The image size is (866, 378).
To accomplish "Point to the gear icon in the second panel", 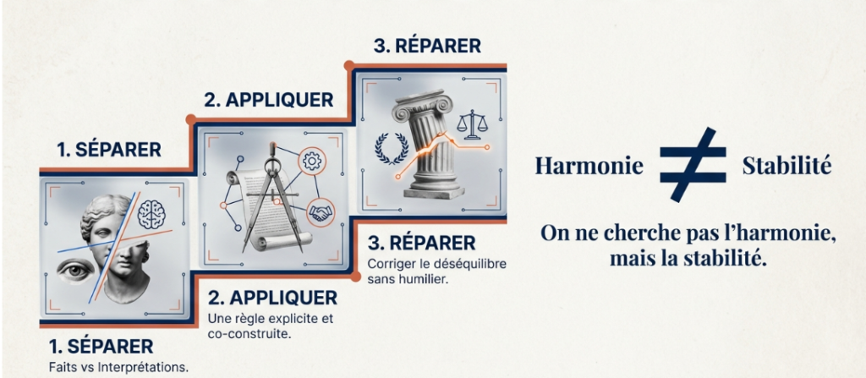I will point(311,159).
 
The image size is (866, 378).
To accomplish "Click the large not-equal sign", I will point(693,164).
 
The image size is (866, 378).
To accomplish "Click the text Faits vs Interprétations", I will point(118,368).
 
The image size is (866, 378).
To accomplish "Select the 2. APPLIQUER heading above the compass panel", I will point(268,100).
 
